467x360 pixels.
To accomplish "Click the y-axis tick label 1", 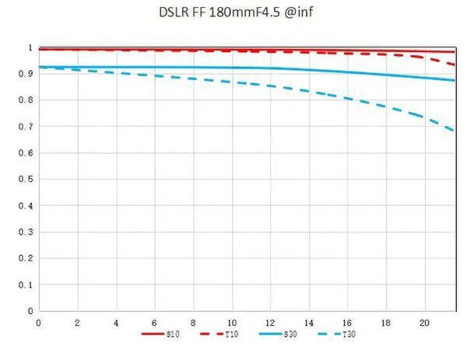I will click(30, 47).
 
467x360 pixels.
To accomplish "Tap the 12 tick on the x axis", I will click(270, 322).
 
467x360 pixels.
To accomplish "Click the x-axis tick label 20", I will click(424, 322).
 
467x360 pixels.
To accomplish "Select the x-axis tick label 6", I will click(155, 322).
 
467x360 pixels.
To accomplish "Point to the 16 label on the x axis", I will click(347, 322).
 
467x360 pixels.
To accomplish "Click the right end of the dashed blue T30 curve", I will click(455, 131).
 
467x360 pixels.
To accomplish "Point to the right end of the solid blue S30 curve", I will click(455, 80).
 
